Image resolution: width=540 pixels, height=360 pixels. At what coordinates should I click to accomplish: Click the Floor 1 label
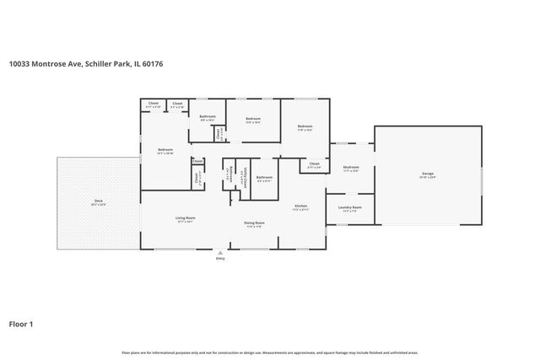21,323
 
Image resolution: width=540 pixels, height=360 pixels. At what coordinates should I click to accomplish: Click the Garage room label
428,174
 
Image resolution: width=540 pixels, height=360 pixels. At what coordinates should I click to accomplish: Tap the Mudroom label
351,167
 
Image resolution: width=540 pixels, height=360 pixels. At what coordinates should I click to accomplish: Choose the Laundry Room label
350,207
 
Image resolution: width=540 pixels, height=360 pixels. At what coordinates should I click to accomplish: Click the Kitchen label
300,206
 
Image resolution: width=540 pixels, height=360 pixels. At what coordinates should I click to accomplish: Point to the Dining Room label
254,223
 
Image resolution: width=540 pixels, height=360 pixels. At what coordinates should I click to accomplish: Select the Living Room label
186,218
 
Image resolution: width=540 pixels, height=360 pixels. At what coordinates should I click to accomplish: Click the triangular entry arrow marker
220,251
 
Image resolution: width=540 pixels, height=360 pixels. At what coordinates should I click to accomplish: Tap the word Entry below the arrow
220,259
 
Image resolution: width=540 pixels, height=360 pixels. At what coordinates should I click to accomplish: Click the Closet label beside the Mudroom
314,164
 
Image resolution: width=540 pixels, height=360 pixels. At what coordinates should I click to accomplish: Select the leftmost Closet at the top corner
153,104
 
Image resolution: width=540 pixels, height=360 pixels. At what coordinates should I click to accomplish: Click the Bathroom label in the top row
208,116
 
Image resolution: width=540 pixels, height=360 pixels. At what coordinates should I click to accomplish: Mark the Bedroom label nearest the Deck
165,150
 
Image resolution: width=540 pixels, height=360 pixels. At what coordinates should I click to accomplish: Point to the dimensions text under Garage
428,178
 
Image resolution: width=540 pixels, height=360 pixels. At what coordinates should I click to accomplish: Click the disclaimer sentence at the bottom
270,352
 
